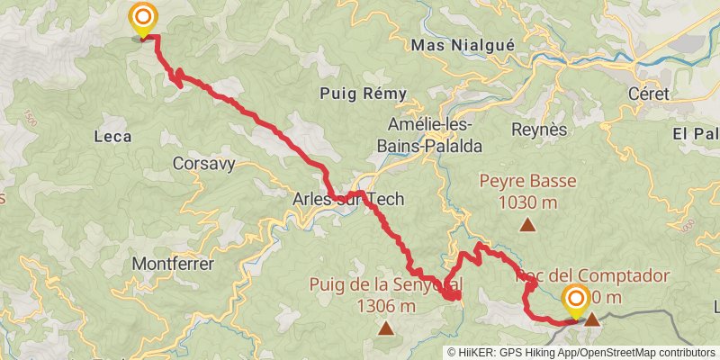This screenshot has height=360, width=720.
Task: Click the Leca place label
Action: [112, 137]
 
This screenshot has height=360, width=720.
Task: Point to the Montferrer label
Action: [173, 265]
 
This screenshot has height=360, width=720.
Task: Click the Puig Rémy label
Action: [364, 94]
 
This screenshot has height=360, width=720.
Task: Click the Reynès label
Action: [539, 129]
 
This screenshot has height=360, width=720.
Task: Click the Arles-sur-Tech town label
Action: [348, 199]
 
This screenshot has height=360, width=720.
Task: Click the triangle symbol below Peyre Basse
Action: [526, 227]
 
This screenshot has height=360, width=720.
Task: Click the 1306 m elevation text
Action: [386, 306]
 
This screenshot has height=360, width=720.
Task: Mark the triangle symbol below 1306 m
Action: [386, 330]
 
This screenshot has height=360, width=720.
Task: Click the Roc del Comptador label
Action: [594, 276]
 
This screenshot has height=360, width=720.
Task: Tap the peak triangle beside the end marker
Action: [593, 319]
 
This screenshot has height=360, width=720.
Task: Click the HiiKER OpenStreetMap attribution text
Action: [581, 353]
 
